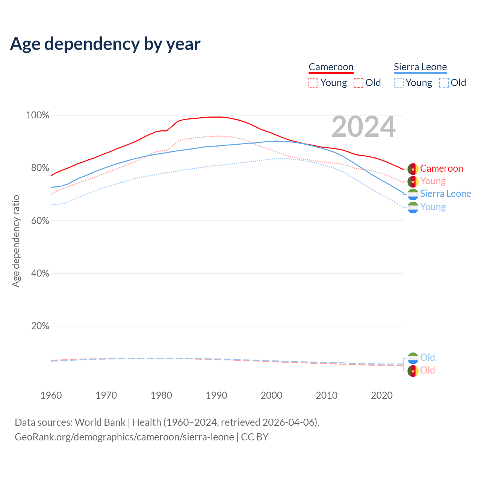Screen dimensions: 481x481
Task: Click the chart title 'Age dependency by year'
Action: pos(105,44)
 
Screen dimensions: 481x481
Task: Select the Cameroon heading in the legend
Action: pos(331,67)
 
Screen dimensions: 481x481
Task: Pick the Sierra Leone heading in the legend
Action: pos(420,67)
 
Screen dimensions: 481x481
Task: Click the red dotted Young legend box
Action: pos(313,83)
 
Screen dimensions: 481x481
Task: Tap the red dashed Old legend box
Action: pos(358,83)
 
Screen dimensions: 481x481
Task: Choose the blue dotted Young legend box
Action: pos(398,83)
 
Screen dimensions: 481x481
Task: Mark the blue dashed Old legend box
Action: pos(443,83)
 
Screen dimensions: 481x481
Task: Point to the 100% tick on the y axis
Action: pos(38,115)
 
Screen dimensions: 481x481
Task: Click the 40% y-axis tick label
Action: pos(40,274)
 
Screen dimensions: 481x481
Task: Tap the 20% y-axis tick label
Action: pos(40,326)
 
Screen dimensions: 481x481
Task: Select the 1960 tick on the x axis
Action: pos(51,395)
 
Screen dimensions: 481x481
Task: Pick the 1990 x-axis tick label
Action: pos(216,395)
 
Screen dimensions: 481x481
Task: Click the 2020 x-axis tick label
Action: pos(382,395)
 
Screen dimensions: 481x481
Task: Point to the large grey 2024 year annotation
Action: pos(363,127)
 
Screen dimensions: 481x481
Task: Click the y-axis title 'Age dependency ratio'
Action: pos(16,241)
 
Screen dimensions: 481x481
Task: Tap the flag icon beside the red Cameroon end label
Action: pos(413,169)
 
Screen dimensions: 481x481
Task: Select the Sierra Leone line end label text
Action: pos(445,194)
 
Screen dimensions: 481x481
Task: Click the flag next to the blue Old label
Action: pos(413,358)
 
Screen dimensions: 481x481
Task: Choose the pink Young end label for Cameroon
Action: pos(433,181)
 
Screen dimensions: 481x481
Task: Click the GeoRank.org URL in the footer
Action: pos(124,437)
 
